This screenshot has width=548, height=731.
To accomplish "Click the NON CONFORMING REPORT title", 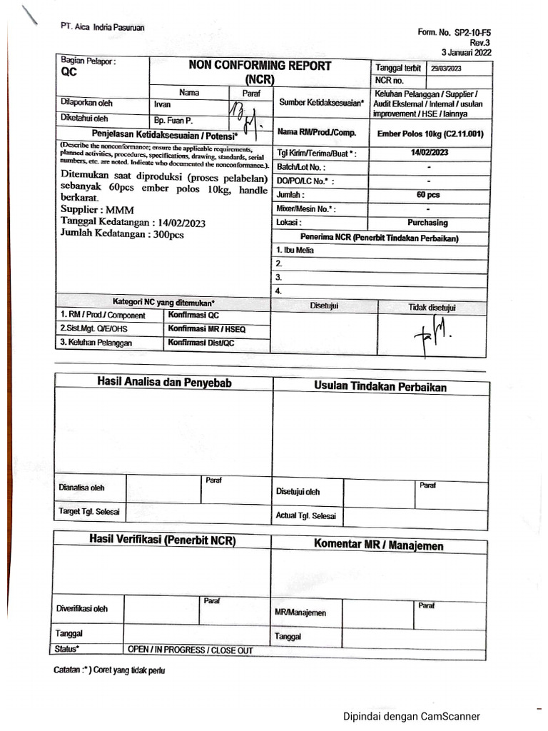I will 260,66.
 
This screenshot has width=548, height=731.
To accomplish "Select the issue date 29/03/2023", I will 447,69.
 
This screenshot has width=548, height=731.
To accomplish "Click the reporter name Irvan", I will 163,104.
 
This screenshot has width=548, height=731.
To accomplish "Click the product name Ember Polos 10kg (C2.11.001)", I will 430,133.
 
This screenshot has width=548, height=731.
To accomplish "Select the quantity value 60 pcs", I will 428,194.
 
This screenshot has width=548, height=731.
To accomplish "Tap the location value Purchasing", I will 428,223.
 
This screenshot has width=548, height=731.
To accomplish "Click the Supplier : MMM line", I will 93,210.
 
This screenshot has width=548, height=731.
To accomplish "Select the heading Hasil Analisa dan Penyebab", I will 164,383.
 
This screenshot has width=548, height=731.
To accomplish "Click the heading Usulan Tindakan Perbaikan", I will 380,387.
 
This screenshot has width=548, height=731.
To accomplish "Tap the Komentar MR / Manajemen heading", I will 379,545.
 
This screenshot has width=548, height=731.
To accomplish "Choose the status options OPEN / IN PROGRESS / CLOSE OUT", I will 190,650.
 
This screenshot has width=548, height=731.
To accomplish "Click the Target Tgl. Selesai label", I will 89,512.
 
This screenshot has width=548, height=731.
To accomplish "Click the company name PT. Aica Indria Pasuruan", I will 103,27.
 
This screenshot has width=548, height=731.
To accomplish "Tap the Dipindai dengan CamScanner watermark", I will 412,716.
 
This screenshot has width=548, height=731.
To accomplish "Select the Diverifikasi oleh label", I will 82,609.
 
